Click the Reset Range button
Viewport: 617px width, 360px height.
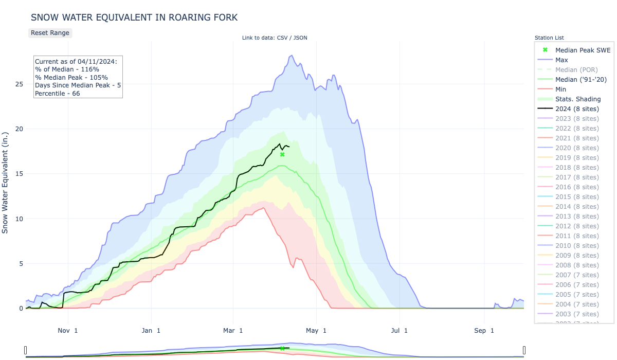pyautogui.click(x=49, y=32)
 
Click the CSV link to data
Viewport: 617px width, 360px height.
pyautogui.click(x=283, y=38)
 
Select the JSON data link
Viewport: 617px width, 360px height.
pyautogui.click(x=300, y=38)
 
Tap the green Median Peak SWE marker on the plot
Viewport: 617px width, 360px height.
pyautogui.click(x=282, y=154)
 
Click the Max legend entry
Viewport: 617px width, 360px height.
pyautogui.click(x=561, y=60)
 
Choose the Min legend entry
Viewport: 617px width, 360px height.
pyautogui.click(x=561, y=89)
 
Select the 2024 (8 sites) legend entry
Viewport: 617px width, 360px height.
pyautogui.click(x=577, y=109)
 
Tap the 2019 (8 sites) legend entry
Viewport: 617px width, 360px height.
pyautogui.click(x=577, y=157)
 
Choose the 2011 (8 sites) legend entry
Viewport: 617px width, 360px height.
pyautogui.click(x=577, y=236)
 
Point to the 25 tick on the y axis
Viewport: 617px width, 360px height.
pyautogui.click(x=19, y=84)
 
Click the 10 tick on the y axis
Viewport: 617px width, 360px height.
pyautogui.click(x=19, y=219)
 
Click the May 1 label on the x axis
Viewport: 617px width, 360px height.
pyautogui.click(x=318, y=330)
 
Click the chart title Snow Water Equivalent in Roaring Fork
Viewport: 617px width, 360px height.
pyautogui.click(x=134, y=17)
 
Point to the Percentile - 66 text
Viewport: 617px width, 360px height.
pyautogui.click(x=57, y=93)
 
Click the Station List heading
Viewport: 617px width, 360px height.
pyautogui.click(x=549, y=38)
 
